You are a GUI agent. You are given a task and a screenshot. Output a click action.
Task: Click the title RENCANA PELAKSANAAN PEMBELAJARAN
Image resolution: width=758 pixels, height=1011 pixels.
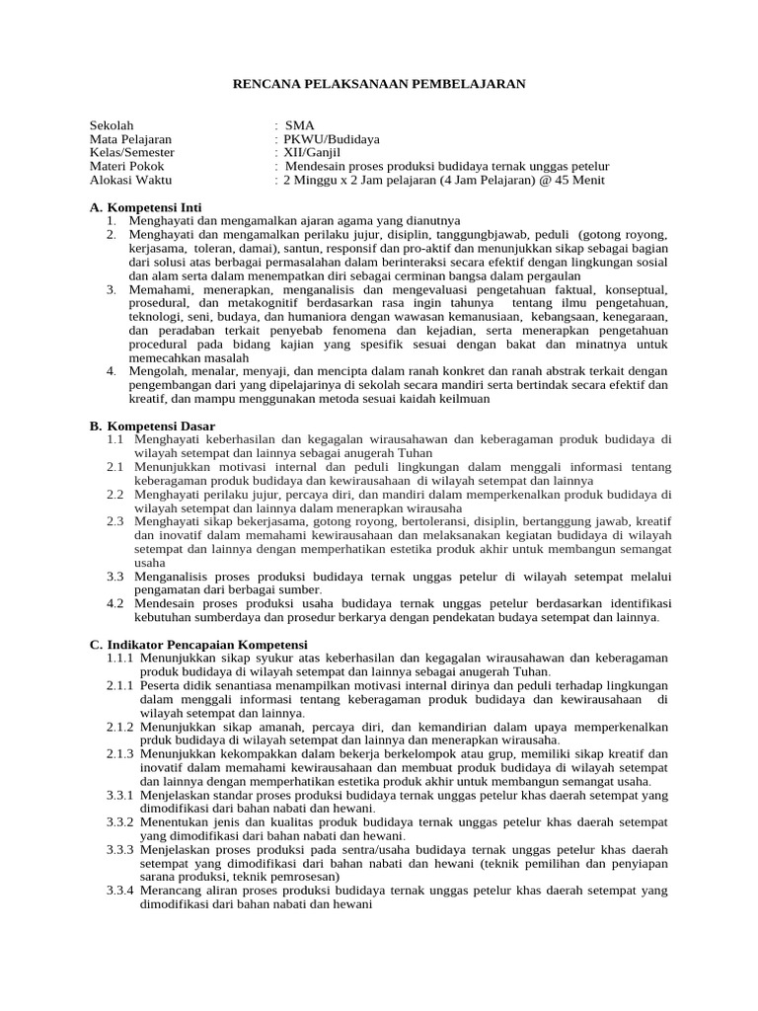(379, 85)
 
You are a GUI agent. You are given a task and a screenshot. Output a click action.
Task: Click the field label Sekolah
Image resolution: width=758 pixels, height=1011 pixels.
(111, 126)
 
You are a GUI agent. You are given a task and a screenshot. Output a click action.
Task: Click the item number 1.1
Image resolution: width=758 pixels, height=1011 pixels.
(115, 439)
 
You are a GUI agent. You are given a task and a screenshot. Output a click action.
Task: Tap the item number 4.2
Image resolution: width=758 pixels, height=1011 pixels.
(115, 603)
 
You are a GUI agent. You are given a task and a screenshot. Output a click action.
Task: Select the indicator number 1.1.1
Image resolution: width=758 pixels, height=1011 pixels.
(120, 658)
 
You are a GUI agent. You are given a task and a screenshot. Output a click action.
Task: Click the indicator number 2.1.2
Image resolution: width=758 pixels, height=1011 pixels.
(120, 726)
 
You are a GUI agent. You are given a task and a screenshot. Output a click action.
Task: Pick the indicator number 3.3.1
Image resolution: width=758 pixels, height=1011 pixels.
(120, 794)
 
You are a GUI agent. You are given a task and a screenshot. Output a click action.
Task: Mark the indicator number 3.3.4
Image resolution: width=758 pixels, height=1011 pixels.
(120, 890)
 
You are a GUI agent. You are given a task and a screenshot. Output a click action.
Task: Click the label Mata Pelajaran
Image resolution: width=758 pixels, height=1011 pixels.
(130, 140)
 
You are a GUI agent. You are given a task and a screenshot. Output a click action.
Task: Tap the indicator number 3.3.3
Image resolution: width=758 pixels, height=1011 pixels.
(120, 849)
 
